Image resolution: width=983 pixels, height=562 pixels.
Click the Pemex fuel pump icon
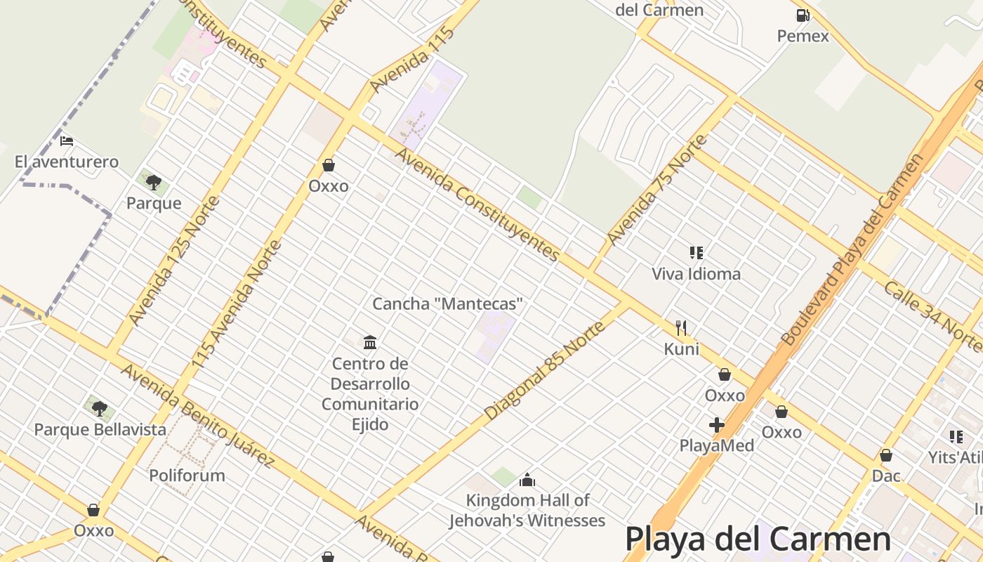coord(803,15)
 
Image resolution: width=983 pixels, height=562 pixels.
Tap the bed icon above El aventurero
coord(67,141)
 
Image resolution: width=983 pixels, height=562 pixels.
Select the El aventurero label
coord(67,162)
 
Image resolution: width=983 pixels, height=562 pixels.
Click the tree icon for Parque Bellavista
coord(100,408)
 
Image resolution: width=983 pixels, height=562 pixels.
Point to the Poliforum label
coord(187,476)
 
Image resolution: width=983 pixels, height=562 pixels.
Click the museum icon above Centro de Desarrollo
coord(370,343)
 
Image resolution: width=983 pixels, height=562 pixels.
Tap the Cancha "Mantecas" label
coord(447,304)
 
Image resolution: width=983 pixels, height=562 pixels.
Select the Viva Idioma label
coord(696,274)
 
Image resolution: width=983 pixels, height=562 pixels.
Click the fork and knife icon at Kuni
coord(680,327)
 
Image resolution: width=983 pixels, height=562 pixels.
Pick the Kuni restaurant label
coord(681,348)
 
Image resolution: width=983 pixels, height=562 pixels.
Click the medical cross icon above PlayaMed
coord(716,425)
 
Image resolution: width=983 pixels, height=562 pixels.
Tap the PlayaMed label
coord(716,445)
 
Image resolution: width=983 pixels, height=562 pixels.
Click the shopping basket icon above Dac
coord(886,456)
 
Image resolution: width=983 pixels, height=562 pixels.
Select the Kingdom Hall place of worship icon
coord(527,481)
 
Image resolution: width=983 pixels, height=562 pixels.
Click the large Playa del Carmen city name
coord(758,540)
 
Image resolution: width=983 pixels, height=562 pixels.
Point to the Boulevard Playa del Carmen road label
coord(853,250)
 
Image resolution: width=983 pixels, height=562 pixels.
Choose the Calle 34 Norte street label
coord(932,318)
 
